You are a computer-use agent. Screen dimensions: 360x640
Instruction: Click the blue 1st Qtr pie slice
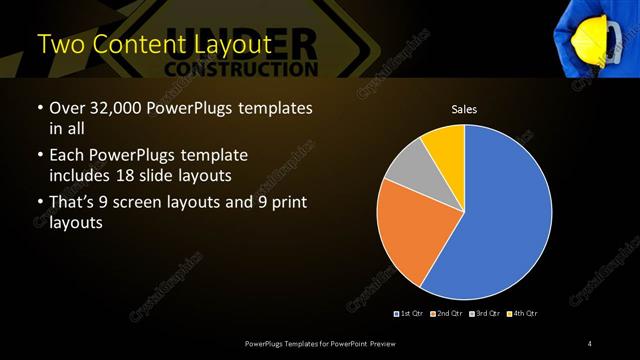500,220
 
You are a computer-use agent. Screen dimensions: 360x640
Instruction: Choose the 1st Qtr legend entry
410,314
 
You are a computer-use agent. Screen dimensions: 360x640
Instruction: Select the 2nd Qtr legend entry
446,314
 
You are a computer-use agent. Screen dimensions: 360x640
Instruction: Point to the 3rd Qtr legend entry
484,314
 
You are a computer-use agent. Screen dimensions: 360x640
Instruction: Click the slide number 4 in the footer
590,344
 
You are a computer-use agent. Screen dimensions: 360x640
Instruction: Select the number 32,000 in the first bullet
118,108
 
